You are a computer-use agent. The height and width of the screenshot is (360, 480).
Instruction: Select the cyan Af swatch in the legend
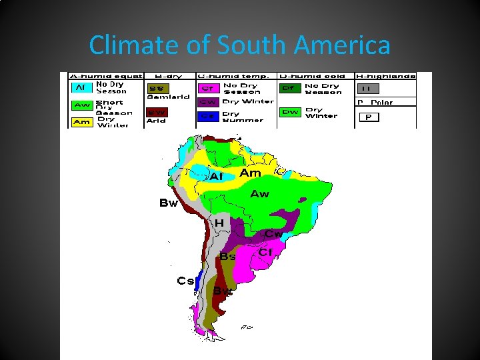tap(81, 87)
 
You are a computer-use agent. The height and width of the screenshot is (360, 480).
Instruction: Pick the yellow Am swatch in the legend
tap(81, 122)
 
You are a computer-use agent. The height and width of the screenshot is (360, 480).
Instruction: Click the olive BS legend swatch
tap(159, 88)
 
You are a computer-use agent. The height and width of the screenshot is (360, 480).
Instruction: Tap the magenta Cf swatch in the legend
tap(207, 88)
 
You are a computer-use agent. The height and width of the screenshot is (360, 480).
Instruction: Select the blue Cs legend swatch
tap(207, 117)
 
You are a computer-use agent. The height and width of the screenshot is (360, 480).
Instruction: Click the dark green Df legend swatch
tap(291, 87)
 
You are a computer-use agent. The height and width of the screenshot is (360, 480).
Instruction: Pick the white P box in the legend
tap(369, 117)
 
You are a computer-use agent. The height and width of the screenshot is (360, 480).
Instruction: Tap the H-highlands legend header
tap(385, 76)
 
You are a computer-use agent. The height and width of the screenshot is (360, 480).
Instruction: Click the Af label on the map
tap(217, 177)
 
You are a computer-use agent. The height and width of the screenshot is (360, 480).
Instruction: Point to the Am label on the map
tap(250, 173)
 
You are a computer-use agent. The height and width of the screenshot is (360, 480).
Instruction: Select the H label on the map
tap(218, 223)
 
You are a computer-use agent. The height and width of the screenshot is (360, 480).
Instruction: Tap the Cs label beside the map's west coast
tap(185, 281)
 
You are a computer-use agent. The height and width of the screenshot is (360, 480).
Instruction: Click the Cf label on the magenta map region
tap(265, 253)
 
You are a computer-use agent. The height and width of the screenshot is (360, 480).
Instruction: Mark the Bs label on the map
tap(228, 256)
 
